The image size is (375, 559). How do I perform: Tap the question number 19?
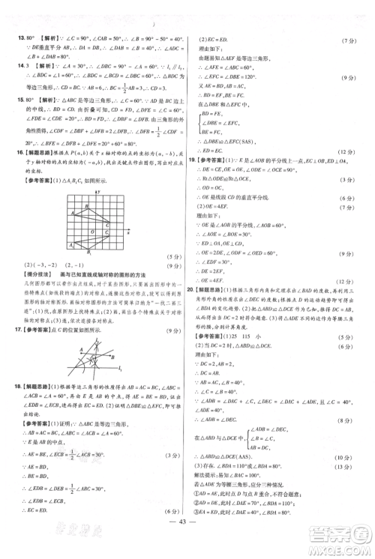pos(198,160)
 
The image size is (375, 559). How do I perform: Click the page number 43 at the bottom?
pos(187,542)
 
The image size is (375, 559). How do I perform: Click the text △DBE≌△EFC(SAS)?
pos(233,140)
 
